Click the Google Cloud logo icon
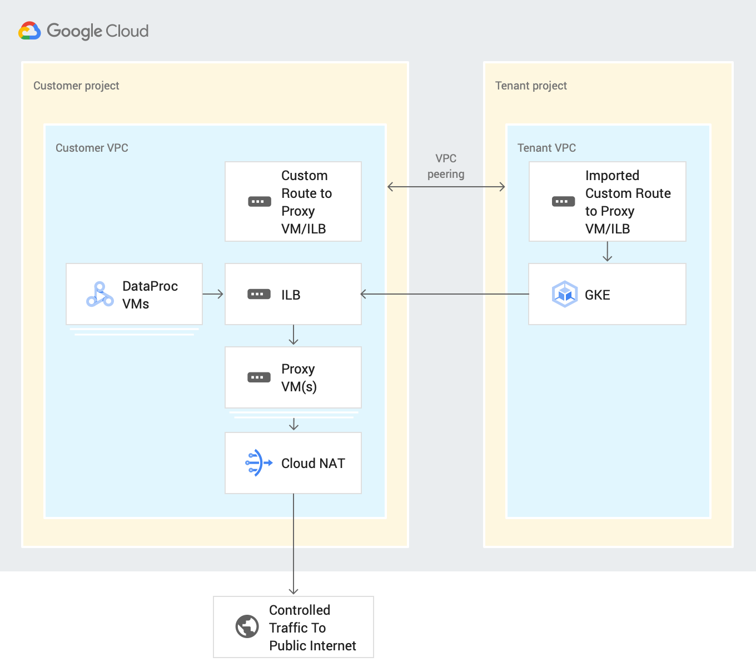[29, 31]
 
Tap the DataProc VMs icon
[100, 295]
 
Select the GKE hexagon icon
[564, 294]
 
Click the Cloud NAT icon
[258, 462]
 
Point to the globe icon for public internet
[247, 626]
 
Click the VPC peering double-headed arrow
[446, 187]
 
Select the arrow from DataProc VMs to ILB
[213, 294]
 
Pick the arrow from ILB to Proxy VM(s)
[294, 335]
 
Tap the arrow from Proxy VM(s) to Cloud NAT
[294, 424]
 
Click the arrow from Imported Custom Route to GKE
[607, 252]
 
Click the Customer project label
[76, 86]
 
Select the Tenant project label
[531, 86]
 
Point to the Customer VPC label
[92, 148]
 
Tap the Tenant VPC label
[546, 148]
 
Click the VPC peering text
[446, 166]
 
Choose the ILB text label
[291, 295]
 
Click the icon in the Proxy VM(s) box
[259, 377]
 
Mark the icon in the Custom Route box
[259, 201]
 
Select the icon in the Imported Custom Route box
[563, 201]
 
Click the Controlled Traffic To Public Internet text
[312, 628]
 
